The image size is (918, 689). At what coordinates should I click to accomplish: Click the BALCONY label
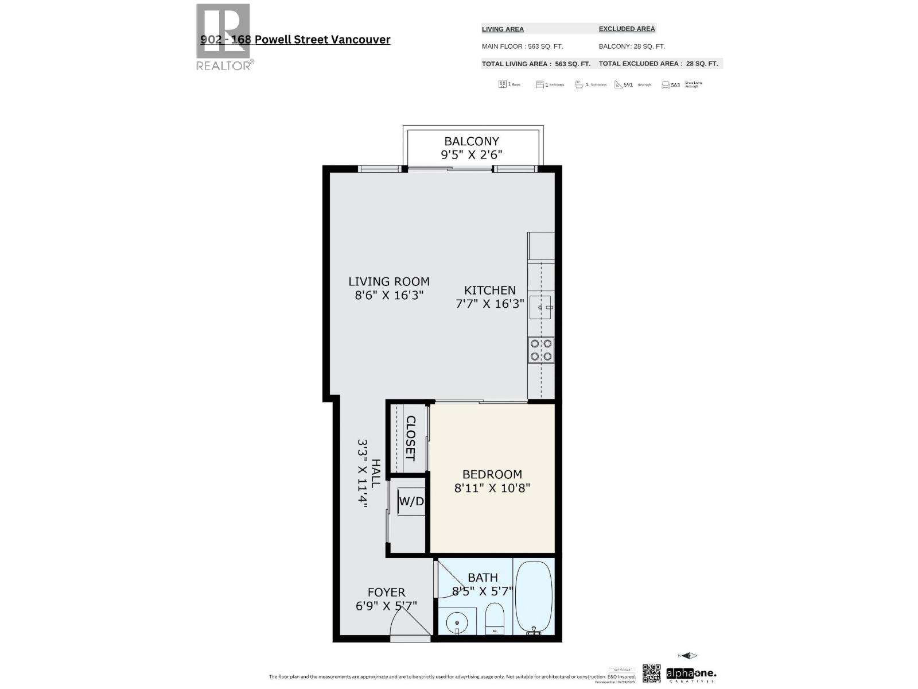click(472, 141)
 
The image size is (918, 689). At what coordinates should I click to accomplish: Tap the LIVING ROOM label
click(389, 281)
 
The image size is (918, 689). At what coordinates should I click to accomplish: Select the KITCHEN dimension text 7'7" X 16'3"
click(489, 304)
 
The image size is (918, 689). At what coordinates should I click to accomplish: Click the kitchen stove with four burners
click(541, 350)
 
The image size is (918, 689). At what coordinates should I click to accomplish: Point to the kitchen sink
click(540, 307)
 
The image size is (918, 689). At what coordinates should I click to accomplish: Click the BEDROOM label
click(492, 474)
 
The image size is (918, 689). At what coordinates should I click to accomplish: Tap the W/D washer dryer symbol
click(411, 501)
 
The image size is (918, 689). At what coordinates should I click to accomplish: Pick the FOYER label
click(386, 592)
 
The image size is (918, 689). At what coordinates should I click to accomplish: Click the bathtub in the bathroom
click(534, 597)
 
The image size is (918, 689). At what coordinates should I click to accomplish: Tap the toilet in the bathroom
click(494, 618)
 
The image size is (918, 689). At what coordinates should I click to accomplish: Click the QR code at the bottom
click(651, 673)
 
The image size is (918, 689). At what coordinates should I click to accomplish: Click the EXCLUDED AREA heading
click(627, 29)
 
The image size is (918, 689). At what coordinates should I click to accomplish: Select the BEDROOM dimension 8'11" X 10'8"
click(492, 488)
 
